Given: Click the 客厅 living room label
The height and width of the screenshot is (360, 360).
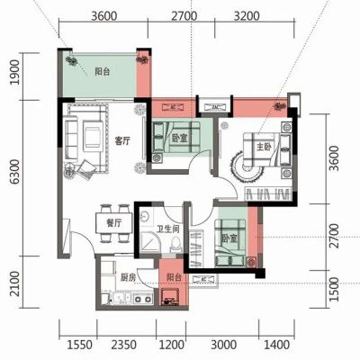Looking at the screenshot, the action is point(122,140).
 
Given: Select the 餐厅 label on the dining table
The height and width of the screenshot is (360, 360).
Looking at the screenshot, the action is point(114,223).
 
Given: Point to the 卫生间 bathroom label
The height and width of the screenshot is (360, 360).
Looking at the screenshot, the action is point(168,229).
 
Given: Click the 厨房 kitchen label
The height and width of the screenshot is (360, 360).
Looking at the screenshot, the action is point(128,278).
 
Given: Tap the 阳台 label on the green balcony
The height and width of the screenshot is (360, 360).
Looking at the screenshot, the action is point(103,72).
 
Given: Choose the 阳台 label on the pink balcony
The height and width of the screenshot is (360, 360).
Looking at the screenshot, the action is point(174,277).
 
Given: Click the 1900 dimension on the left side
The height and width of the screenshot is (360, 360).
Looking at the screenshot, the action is point(14,72).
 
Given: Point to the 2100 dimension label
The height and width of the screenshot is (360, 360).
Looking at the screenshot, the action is point(14,283).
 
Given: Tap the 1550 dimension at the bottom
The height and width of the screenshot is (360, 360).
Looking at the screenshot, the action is point(79,345).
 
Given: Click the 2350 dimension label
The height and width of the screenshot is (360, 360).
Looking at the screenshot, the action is point(123,345).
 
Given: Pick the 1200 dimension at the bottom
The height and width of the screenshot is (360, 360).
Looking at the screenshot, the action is point(171,345).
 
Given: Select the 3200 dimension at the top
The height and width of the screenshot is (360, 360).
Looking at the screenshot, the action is point(247,16).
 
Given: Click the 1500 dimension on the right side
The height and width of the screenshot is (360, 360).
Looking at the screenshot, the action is point(334,289).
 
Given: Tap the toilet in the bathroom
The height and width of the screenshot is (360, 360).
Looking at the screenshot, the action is point(175,244).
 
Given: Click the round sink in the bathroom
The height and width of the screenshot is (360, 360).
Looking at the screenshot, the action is point(146,216).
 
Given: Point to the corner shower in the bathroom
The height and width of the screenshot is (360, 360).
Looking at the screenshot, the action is point(150,241).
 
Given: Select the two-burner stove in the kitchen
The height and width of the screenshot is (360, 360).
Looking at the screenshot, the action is point(143,299).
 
